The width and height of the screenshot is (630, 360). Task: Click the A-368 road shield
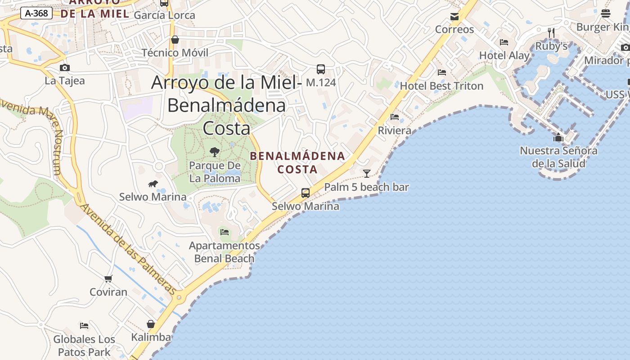click(36, 13)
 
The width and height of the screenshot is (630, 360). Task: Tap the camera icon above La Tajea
click(65, 68)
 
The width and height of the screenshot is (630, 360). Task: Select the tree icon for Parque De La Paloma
click(215, 152)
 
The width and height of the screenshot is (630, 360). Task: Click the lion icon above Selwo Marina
click(153, 184)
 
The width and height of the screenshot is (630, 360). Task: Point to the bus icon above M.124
click(321, 69)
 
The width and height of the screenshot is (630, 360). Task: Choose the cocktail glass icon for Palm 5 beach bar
click(367, 173)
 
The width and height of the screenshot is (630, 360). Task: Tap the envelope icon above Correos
click(454, 17)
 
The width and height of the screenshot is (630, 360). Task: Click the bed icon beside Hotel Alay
click(504, 42)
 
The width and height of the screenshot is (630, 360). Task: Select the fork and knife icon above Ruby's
click(551, 32)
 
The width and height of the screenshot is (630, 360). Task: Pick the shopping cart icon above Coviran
click(108, 279)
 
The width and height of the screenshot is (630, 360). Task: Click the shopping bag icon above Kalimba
click(151, 324)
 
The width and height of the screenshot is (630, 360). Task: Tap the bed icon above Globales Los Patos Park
click(84, 326)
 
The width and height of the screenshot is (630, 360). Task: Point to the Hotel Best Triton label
click(441, 85)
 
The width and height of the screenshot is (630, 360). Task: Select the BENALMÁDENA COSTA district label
click(297, 163)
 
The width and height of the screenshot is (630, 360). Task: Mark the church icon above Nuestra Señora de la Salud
click(558, 137)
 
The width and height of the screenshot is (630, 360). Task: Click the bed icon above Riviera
click(395, 117)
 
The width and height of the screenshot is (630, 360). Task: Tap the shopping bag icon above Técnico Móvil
click(175, 40)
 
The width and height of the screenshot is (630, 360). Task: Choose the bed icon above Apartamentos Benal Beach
click(225, 232)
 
